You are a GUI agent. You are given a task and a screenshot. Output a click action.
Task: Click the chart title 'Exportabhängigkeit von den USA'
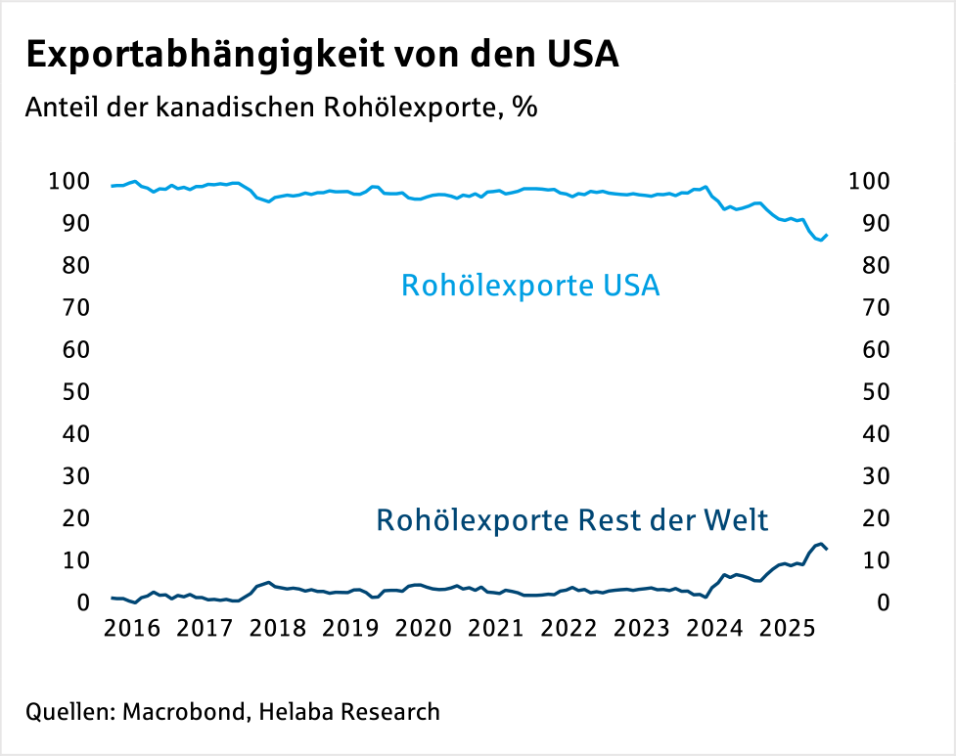coord(322,55)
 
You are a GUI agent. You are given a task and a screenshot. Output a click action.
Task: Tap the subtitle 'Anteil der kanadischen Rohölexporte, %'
coord(282,107)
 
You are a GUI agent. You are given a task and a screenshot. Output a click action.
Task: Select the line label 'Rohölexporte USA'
coord(530,287)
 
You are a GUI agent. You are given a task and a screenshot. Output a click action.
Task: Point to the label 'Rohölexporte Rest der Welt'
coord(572,518)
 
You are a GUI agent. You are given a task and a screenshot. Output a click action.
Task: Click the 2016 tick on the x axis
coord(132,627)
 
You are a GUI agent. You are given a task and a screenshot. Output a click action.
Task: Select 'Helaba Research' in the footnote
coord(349,712)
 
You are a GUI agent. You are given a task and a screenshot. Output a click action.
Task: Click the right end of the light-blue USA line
coord(828,235)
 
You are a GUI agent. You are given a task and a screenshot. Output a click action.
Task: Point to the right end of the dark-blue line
coord(828,549)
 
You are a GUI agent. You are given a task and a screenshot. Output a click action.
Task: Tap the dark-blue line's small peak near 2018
coord(268,582)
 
